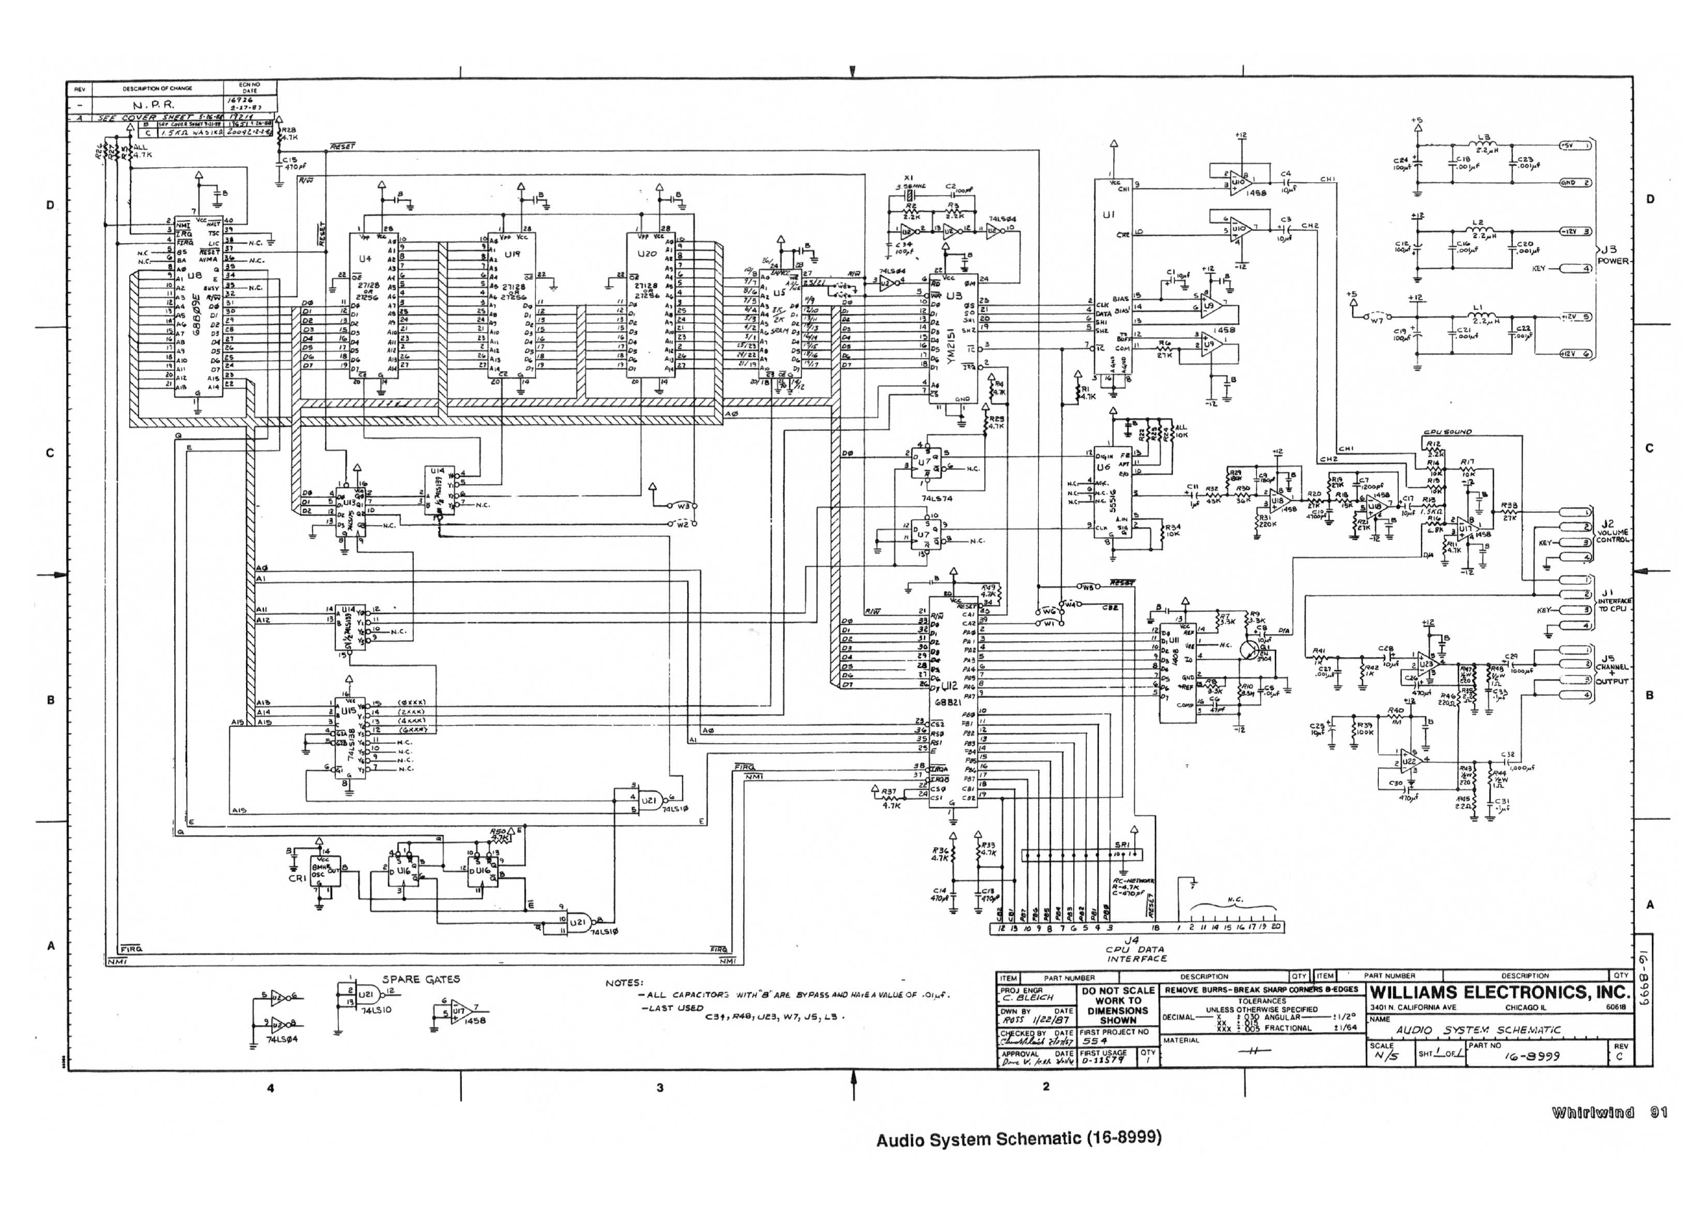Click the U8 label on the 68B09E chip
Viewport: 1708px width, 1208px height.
[x=195, y=276]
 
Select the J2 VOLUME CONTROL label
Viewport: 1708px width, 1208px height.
[x=1612, y=532]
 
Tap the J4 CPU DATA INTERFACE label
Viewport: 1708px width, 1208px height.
[x=1136, y=950]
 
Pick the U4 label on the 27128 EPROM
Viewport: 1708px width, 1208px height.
[x=364, y=259]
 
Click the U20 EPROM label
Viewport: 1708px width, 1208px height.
[x=646, y=254]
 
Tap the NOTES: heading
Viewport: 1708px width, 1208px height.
[x=624, y=983]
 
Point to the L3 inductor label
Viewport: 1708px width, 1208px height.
[x=1483, y=138]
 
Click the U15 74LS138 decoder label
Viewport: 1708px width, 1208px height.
[x=349, y=710]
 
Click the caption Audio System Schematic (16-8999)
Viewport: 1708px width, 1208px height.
[x=1019, y=1139]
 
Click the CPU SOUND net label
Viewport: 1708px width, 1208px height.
[x=1447, y=432]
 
